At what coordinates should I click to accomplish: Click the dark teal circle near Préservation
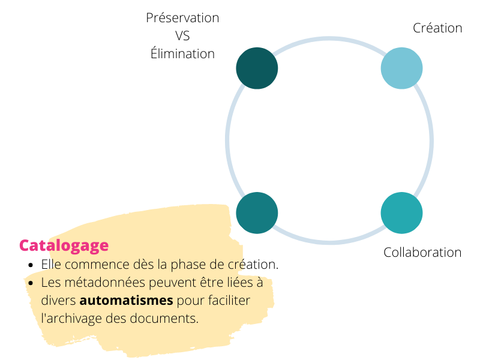257,68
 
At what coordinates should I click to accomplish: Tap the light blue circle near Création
401,68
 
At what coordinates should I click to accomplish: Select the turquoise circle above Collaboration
401,213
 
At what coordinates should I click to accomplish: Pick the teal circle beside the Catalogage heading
257,213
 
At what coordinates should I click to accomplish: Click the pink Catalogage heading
64,246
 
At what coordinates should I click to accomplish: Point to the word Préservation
182,18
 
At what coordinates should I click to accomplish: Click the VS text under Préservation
182,36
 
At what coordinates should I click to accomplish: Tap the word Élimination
182,53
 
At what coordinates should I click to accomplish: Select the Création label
437,28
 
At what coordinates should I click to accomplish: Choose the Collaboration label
422,253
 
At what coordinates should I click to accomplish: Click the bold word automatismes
126,301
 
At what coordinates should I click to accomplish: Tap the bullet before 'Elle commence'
31,265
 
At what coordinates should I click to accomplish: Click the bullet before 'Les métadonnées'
31,283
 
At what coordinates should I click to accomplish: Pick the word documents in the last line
164,319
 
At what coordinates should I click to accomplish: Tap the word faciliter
229,301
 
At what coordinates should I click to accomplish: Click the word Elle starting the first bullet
51,265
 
